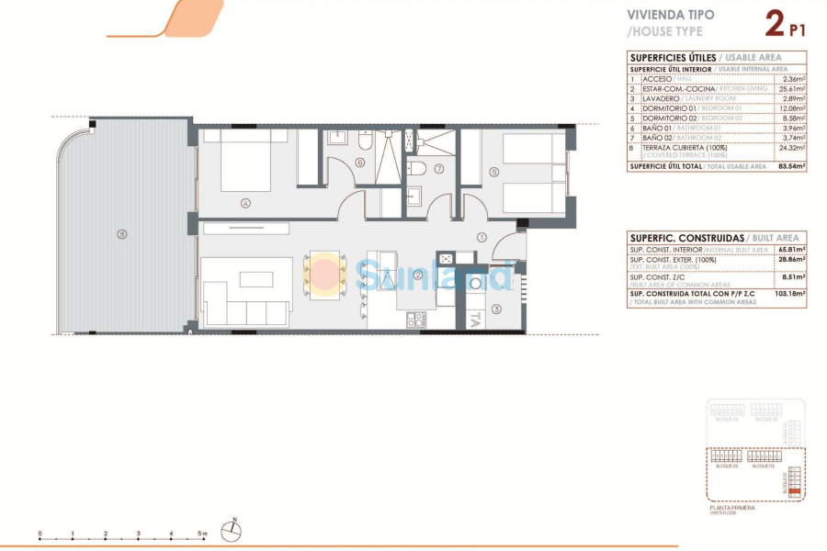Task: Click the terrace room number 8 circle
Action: click(121, 233)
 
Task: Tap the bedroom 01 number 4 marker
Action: click(245, 203)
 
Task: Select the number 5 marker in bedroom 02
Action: click(493, 171)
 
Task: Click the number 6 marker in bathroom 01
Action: click(360, 163)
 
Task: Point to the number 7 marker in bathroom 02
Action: click(439, 169)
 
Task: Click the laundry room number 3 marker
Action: click(496, 309)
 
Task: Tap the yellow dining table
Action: click(323, 274)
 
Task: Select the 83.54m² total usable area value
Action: click(790, 166)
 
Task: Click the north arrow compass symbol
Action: click(236, 527)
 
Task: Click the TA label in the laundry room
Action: click(474, 320)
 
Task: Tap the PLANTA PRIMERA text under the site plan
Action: click(732, 507)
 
